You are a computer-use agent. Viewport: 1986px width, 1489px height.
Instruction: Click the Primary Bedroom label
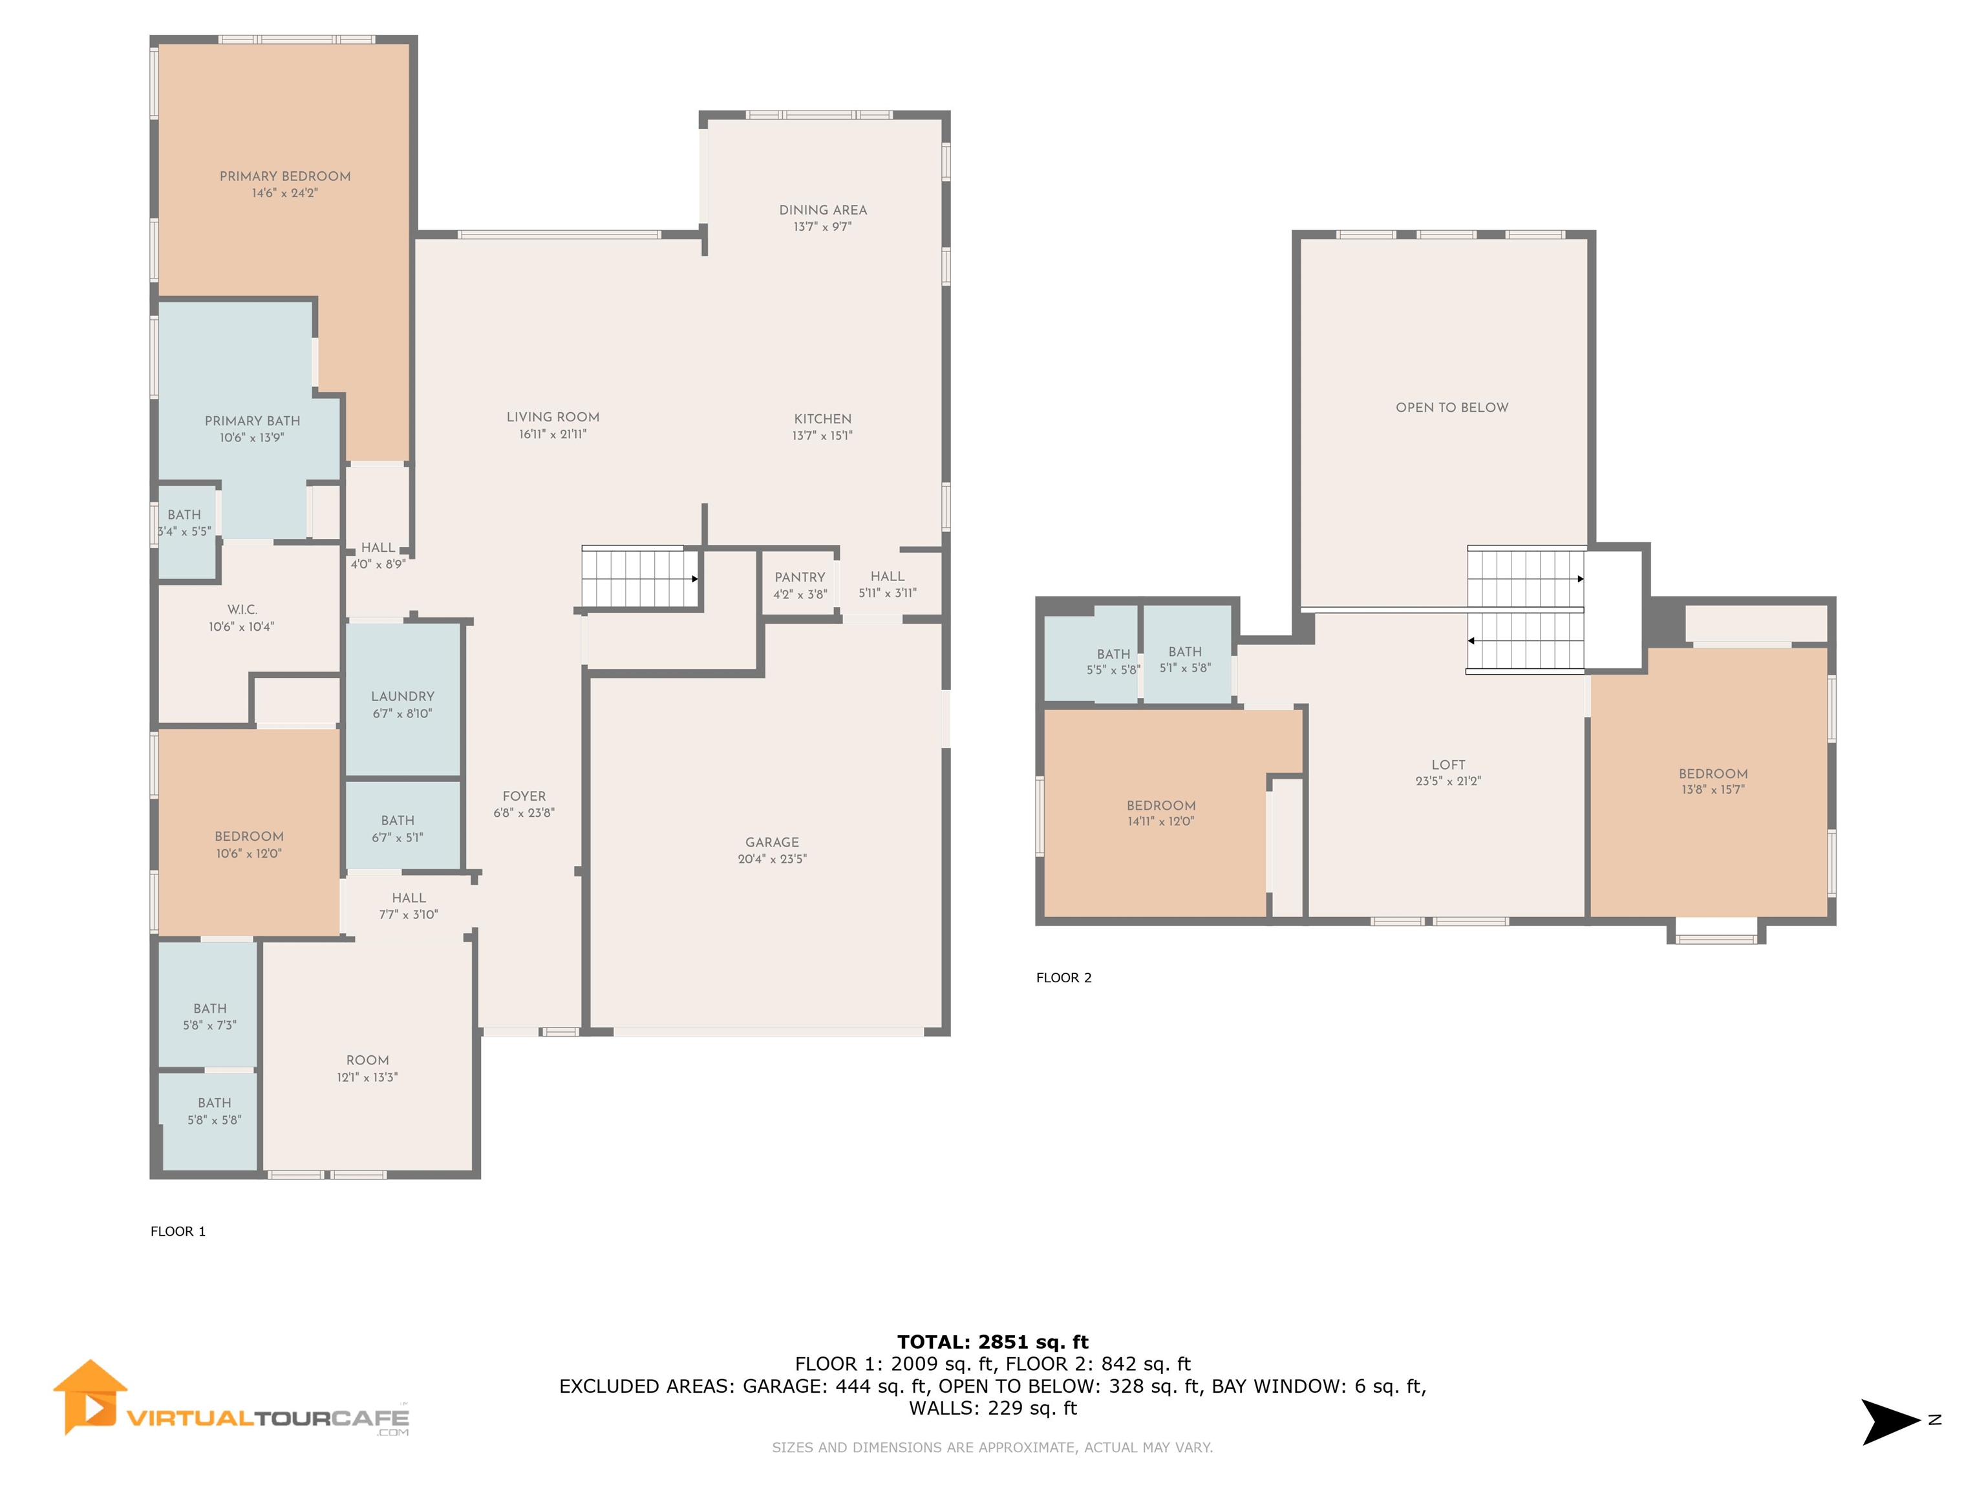point(284,176)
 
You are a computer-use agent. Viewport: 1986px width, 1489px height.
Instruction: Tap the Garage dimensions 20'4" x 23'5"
point(771,859)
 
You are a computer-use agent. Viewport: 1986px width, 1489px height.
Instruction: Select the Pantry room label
point(799,577)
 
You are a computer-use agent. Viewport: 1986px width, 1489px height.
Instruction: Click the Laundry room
point(402,704)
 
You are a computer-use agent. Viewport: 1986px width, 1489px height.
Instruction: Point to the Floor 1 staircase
point(639,579)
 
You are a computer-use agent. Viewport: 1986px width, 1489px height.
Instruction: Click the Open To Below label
point(1451,408)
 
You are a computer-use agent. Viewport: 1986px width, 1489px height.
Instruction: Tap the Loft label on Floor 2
point(1447,765)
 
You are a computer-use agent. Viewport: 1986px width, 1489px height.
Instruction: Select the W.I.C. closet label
point(242,609)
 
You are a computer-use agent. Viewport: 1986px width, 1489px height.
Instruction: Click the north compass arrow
point(1889,1420)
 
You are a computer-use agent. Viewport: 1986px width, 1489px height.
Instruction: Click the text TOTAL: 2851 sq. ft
point(992,1342)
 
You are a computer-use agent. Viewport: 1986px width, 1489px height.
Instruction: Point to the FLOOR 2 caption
point(1063,977)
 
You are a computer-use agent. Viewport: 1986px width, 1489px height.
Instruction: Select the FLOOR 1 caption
point(178,1231)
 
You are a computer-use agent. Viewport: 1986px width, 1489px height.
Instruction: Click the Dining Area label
point(822,210)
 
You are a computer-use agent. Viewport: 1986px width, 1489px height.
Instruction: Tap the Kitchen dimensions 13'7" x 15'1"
point(822,436)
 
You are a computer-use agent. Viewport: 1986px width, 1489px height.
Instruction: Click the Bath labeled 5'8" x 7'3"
point(209,1016)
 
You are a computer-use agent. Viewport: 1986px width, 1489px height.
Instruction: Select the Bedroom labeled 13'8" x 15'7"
point(1712,781)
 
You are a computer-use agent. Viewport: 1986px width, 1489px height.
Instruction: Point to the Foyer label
point(524,796)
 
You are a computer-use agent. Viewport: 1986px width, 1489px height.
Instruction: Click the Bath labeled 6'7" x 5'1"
point(397,829)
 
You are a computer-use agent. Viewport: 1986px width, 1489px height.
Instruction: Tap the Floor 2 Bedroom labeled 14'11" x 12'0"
point(1160,812)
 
